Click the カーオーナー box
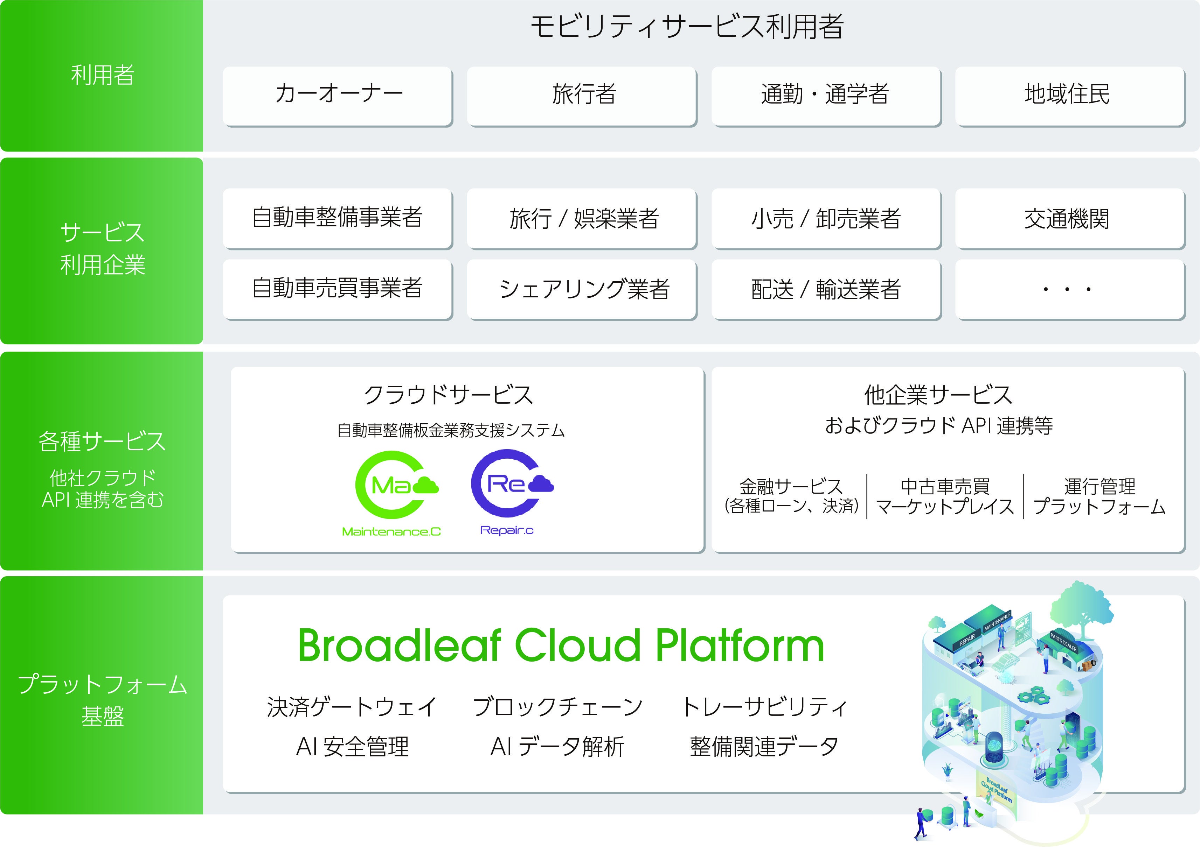click(x=338, y=95)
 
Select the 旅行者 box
click(x=582, y=95)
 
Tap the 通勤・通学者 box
click(x=826, y=95)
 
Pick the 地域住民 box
click(x=1069, y=95)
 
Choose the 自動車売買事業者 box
click(x=338, y=289)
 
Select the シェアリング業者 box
click(x=582, y=289)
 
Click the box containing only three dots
click(x=1069, y=289)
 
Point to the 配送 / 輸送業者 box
click(x=826, y=289)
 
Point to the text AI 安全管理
click(x=352, y=747)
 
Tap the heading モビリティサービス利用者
click(x=687, y=27)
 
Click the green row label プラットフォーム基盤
click(x=103, y=700)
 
